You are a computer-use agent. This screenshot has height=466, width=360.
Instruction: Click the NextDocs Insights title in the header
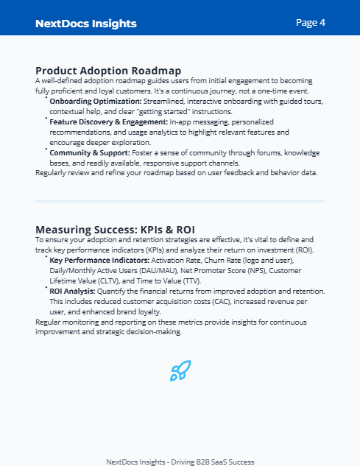(85, 24)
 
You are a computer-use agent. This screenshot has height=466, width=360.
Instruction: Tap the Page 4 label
(311, 23)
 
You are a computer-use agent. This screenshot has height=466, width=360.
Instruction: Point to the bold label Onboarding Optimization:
(94, 100)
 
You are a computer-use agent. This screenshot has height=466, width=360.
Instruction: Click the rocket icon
(180, 370)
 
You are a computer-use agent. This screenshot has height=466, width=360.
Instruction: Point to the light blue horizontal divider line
(180, 201)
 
